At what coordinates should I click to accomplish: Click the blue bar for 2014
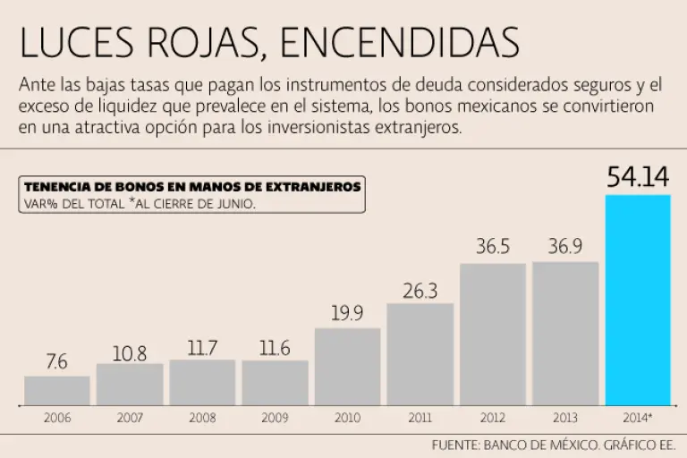pos(638,300)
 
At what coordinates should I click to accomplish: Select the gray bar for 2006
pos(57,390)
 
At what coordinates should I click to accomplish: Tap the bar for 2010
pos(348,366)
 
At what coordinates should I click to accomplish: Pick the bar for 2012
pos(493,334)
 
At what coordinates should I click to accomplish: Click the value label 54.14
pos(638,176)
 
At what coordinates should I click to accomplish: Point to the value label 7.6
pos(57,362)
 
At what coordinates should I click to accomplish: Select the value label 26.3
pos(420,290)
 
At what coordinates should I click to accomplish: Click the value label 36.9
pos(565,247)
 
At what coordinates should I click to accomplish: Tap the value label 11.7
pos(202,347)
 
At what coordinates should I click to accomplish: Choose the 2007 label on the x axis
pos(130,418)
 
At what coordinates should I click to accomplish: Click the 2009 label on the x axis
pos(275,418)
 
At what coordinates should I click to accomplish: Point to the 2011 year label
pos(420,418)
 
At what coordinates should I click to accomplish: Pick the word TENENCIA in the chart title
pos(58,187)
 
